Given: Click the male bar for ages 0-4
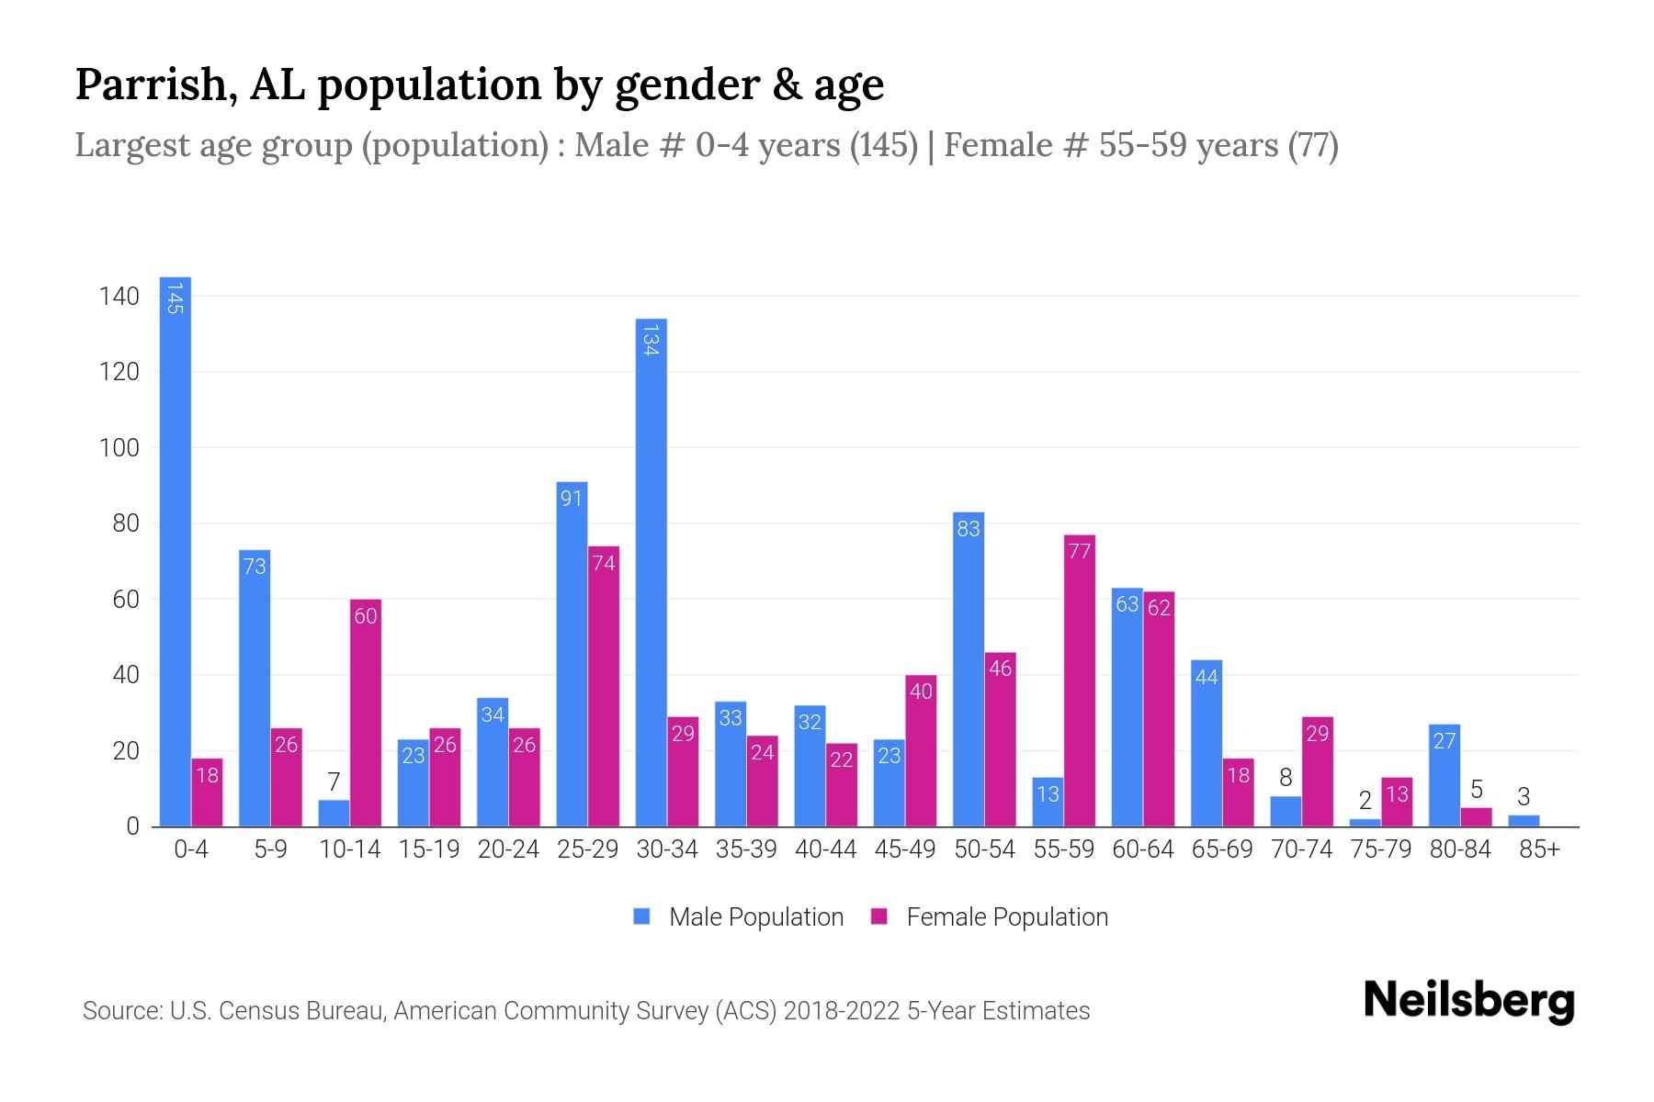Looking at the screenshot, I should pyautogui.click(x=176, y=551).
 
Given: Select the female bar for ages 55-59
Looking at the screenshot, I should pyautogui.click(x=1079, y=680).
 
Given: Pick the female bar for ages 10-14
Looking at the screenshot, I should pyautogui.click(x=366, y=713).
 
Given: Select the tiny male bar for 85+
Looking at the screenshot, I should pyautogui.click(x=1524, y=821).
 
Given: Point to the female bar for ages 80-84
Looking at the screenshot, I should pyautogui.click(x=1476, y=817).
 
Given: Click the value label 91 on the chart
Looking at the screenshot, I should pyautogui.click(x=572, y=499).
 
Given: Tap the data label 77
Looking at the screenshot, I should pyautogui.click(x=1080, y=551).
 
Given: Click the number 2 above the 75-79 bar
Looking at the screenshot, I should pyautogui.click(x=1365, y=801).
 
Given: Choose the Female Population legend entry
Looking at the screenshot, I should pyautogui.click(x=990, y=917).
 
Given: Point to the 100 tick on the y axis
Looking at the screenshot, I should pyautogui.click(x=119, y=448).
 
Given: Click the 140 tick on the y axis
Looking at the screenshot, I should pyautogui.click(x=119, y=297).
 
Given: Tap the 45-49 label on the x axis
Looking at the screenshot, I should pyautogui.click(x=905, y=849).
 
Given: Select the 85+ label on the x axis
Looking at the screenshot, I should pyautogui.click(x=1539, y=849).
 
